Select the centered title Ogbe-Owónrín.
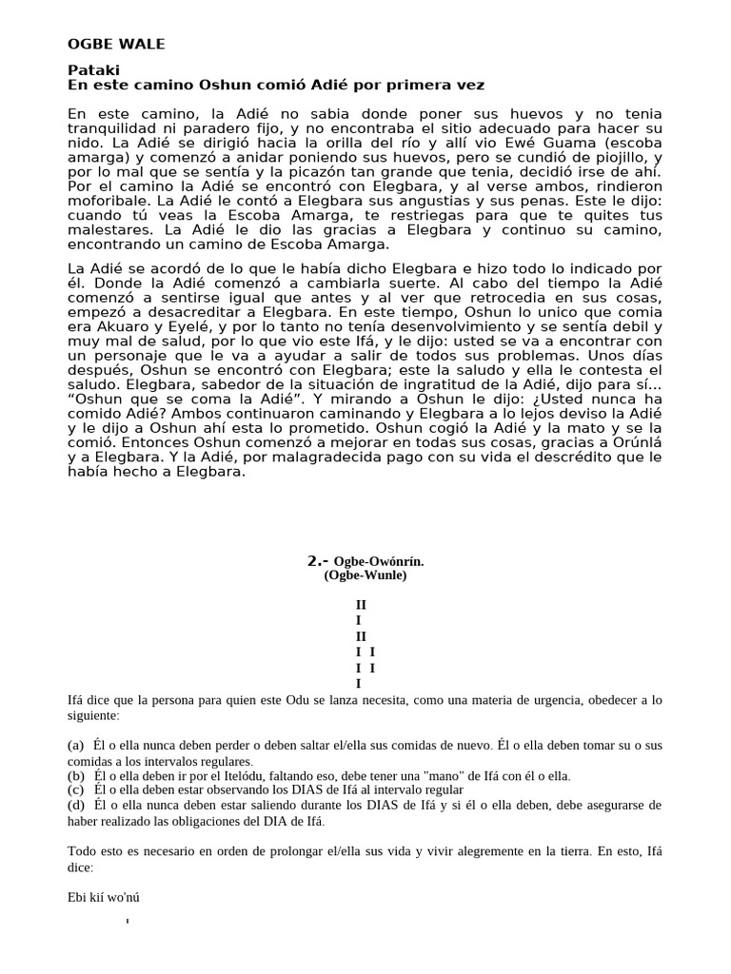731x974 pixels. coord(379,561)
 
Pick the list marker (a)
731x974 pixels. coord(77,746)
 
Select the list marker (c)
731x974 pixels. coord(77,789)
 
